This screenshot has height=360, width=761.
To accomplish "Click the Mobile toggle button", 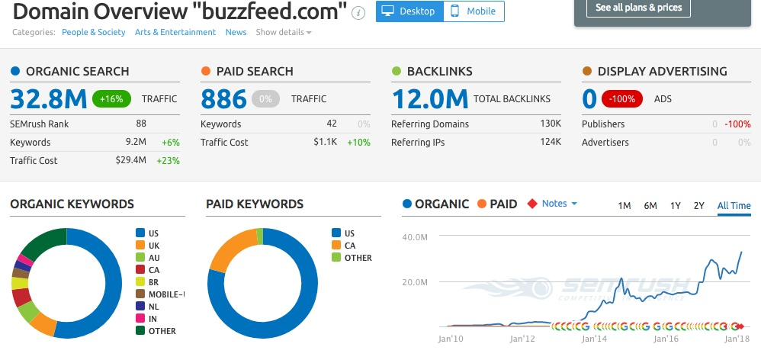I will [x=474, y=11].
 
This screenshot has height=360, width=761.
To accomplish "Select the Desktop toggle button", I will [x=409, y=11].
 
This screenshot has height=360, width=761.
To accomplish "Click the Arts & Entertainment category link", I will [x=175, y=32].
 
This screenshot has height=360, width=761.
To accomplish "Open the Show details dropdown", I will [x=284, y=32].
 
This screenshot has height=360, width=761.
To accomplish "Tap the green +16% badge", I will [x=112, y=98].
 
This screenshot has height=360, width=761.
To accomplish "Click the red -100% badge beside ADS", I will [x=623, y=98].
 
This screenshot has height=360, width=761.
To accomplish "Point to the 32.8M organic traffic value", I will [x=47, y=98].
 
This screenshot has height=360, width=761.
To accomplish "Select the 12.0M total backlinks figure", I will [x=429, y=98].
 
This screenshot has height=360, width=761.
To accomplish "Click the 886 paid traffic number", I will [x=223, y=98].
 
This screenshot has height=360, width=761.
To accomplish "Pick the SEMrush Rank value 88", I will [x=141, y=124].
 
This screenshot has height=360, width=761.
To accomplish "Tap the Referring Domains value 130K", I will [x=551, y=124].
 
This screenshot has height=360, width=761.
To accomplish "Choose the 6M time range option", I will [x=650, y=205].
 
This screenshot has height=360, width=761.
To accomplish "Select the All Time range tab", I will [x=734, y=205].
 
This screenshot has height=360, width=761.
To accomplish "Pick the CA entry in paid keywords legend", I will [x=350, y=245].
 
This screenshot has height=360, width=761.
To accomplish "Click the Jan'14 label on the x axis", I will [x=593, y=338].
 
